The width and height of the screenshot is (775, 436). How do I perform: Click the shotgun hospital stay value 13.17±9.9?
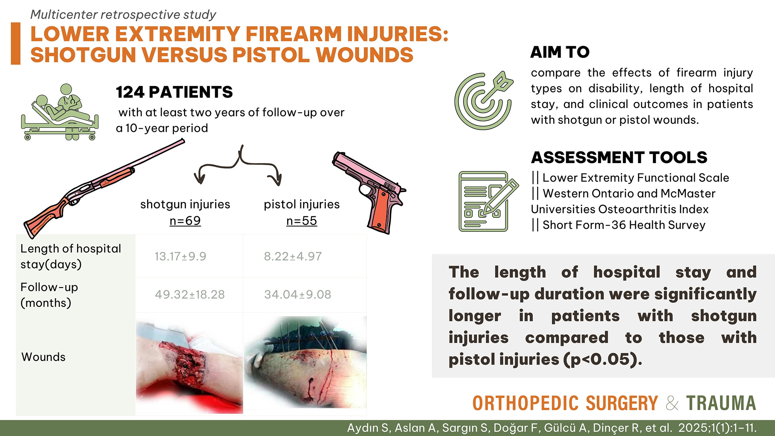point(180,256)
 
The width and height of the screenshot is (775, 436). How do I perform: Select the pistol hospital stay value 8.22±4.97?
point(293,256)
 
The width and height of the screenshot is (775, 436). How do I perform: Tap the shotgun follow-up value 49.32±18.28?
point(190,295)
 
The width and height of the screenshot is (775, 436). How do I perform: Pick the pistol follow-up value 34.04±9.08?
point(298,295)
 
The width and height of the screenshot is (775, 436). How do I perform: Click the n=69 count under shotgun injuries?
point(185,221)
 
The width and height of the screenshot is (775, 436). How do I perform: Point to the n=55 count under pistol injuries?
point(301,221)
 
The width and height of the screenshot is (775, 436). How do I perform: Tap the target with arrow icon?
point(484,100)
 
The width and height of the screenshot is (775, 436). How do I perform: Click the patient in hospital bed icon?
point(60,112)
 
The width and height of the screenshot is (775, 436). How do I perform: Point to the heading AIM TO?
point(560,52)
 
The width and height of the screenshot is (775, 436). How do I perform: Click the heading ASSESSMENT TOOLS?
point(619,157)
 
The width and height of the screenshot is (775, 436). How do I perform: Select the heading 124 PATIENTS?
point(174,92)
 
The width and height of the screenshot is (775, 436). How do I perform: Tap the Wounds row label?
point(43,357)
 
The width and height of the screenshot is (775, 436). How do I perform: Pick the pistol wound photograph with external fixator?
point(305,362)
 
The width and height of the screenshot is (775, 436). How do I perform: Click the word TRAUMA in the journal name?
point(721,403)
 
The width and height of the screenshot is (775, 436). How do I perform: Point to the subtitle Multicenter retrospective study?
point(123,15)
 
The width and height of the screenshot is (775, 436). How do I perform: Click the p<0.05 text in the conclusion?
point(600,359)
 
